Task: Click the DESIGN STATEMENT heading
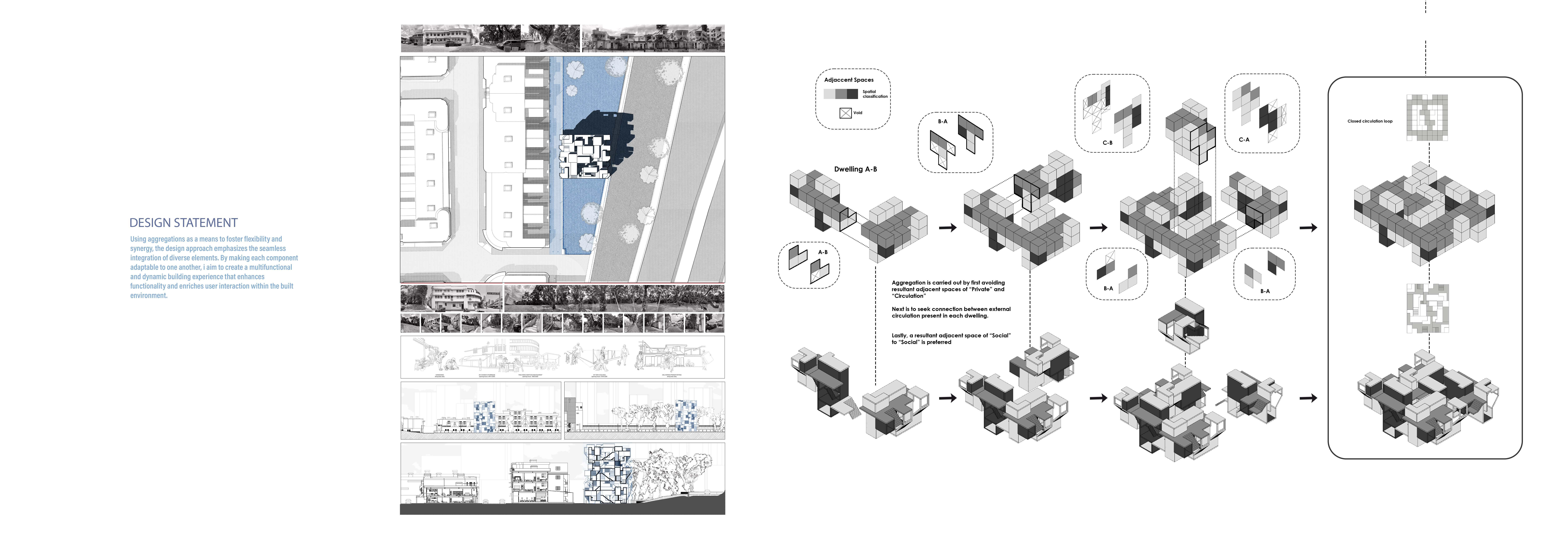[x=184, y=223]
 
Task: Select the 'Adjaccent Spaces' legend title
[x=849, y=80]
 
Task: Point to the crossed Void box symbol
[x=846, y=113]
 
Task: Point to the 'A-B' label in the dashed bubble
[x=823, y=252]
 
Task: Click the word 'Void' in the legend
[x=858, y=113]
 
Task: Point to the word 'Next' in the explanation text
[x=898, y=309]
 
